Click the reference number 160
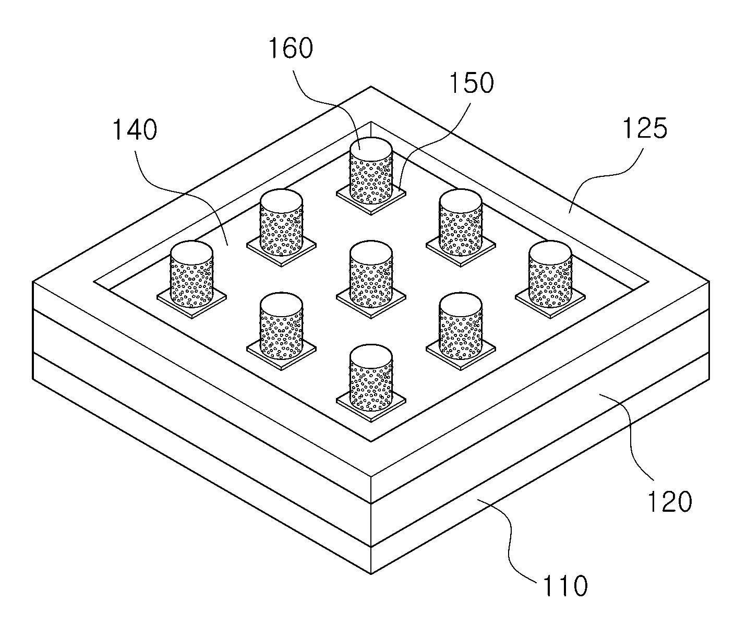[291, 49]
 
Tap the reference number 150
[472, 83]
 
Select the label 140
[135, 130]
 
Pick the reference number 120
[670, 501]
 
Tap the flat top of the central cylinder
[371, 253]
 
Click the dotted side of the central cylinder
[371, 283]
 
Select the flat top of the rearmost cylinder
[371, 149]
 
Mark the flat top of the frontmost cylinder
[371, 356]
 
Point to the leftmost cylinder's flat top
[191, 253]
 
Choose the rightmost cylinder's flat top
[550, 253]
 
